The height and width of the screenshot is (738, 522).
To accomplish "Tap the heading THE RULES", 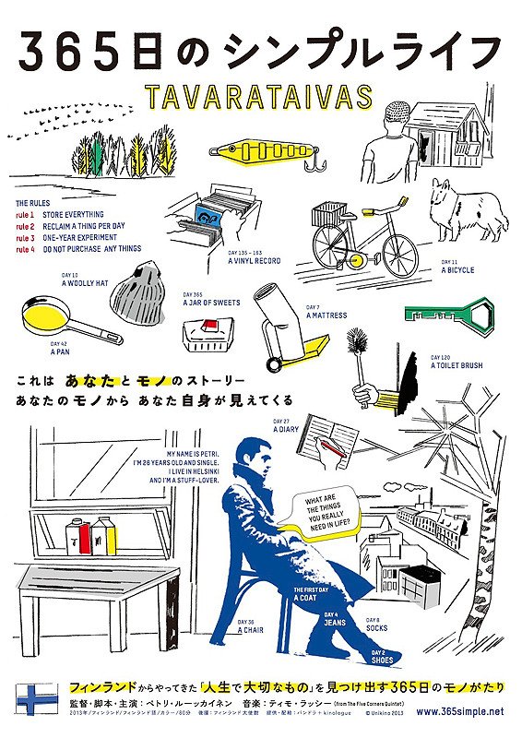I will tap(35, 201).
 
